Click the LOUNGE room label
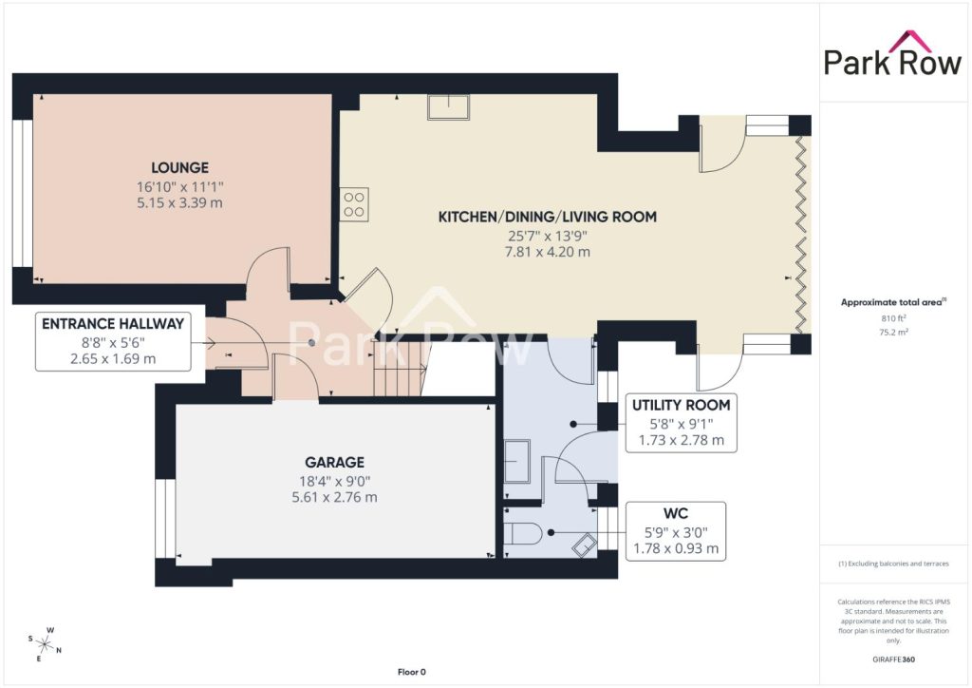(179, 167)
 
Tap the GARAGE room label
(334, 462)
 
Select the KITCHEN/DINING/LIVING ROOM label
(548, 217)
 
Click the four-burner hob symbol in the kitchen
(354, 204)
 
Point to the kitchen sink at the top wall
(448, 106)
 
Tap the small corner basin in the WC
(584, 545)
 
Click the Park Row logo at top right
(892, 54)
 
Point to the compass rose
(46, 644)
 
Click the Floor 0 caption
(412, 672)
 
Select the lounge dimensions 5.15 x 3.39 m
(179, 202)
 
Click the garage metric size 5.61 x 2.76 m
(334, 497)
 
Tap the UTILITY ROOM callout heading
(681, 405)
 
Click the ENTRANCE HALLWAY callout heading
(113, 323)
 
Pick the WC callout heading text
(676, 514)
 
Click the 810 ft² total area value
(892, 318)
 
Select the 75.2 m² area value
(893, 332)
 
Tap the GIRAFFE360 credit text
(893, 659)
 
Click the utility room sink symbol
(517, 461)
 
